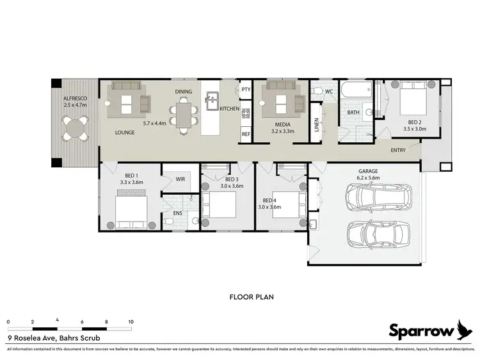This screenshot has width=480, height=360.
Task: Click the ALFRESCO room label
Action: coord(75,97)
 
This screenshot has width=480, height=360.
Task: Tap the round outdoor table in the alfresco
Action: coord(76,128)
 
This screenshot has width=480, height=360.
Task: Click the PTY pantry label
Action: coord(246,89)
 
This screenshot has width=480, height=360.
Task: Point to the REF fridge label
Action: coord(246,135)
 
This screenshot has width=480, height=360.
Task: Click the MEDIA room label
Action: coord(283,124)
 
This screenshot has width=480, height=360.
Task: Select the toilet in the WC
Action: coord(316,92)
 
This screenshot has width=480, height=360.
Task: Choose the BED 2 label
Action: coord(415,122)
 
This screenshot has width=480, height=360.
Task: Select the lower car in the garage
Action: coord(378,234)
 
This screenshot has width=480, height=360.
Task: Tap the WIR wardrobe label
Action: coord(180,179)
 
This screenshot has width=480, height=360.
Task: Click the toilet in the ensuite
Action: coord(168,221)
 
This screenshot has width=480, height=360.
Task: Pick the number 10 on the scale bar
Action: coord(131,322)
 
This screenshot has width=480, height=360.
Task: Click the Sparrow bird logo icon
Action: coord(465,329)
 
